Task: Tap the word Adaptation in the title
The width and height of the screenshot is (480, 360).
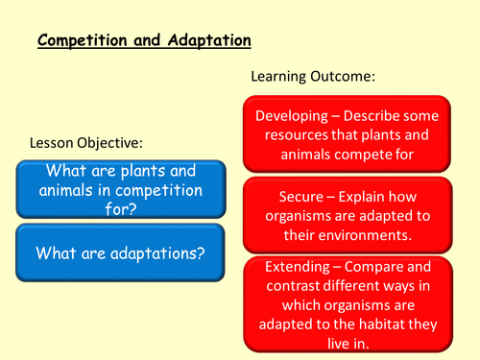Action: (x=209, y=41)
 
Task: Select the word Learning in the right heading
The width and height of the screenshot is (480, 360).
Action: (x=282, y=75)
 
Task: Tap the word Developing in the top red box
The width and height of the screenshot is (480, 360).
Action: (x=297, y=115)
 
